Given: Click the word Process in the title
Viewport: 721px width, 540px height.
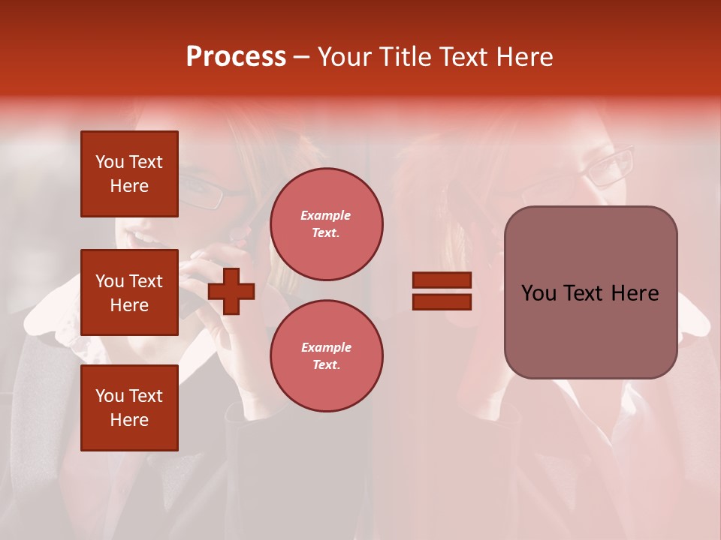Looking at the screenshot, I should point(236,57).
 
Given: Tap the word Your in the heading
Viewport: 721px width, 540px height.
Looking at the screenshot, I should point(345,57).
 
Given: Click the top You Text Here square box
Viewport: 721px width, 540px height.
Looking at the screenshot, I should point(129,174).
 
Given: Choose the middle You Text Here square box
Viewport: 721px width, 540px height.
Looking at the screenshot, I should point(129,292).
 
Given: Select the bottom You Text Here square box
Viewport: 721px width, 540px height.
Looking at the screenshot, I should point(129,408).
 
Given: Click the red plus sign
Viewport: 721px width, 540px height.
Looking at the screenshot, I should point(231,291).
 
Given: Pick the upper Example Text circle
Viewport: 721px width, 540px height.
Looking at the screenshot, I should point(326,224).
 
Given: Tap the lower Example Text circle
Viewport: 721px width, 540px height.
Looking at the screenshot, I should point(326,356).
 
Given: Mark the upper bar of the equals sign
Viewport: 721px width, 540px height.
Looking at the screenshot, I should point(442,280).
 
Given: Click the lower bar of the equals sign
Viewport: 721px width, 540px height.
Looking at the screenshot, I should point(442,301).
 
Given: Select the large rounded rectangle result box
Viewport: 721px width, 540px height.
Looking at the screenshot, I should point(590,292).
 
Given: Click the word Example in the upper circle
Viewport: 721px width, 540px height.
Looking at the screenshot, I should point(326,215).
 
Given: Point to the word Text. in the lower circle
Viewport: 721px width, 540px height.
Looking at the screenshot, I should point(326,365).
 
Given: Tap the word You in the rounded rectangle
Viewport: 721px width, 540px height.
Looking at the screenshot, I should point(538,293).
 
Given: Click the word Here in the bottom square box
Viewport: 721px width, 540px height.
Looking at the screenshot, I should point(129,420).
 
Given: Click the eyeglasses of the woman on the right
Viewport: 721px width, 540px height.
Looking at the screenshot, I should point(608,166).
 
